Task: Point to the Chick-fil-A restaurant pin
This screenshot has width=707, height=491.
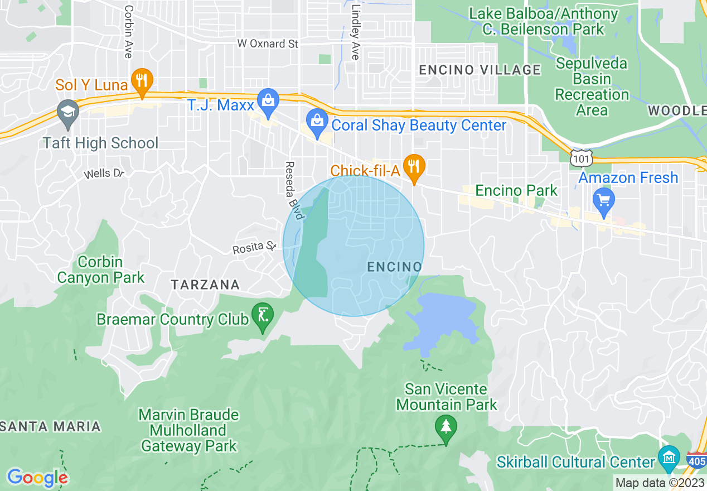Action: tap(414, 168)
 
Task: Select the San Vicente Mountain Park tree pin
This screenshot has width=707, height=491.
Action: tap(445, 429)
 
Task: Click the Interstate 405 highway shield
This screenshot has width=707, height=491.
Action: tap(697, 461)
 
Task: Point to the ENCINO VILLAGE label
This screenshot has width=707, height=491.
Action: tap(480, 70)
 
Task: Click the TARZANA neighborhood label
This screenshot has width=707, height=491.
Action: tap(205, 285)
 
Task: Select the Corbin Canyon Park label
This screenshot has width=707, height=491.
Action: tap(101, 269)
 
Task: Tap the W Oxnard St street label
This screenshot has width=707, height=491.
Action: tap(268, 44)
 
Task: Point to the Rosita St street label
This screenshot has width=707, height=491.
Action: tap(255, 246)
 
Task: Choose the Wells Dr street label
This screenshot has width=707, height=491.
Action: tap(104, 174)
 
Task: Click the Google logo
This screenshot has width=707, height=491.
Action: tap(37, 478)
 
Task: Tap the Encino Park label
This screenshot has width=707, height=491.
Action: tap(516, 191)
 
